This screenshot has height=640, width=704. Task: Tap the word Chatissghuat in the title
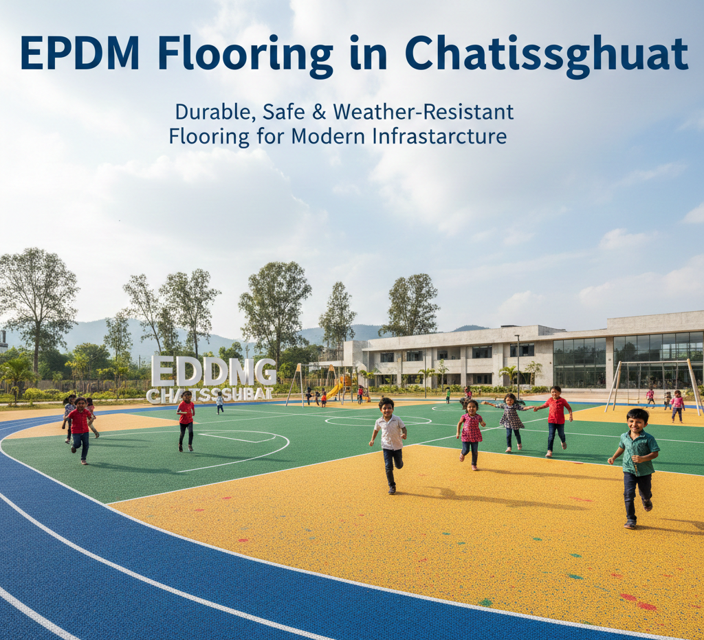tap(546, 53)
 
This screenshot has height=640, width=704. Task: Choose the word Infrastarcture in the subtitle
tap(439, 136)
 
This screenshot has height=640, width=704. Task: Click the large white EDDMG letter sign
tap(213, 371)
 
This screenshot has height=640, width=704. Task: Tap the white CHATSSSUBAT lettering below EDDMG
tap(210, 395)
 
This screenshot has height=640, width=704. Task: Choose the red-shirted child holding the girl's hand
tap(555, 419)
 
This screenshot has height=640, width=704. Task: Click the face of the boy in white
tap(386, 406)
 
